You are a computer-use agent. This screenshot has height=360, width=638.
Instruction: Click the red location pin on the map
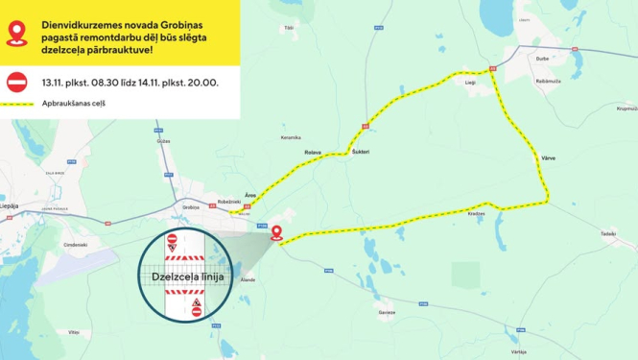point(276,231)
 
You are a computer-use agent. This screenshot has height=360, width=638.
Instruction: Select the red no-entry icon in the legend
point(16,82)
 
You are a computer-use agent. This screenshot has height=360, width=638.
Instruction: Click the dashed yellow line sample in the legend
point(16,103)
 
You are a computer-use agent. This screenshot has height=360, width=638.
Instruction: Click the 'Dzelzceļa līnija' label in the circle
point(189,276)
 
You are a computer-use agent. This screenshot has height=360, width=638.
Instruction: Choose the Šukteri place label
point(361,152)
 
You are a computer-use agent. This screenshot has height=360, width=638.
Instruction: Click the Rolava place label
point(312,152)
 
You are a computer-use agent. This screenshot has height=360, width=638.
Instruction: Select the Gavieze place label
point(387,312)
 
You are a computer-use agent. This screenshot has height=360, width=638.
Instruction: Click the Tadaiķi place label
point(606,233)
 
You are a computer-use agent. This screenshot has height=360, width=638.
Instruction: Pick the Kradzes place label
point(476,214)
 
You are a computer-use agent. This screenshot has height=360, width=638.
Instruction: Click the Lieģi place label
point(470,84)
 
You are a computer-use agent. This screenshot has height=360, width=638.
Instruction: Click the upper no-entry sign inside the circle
point(172,239)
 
